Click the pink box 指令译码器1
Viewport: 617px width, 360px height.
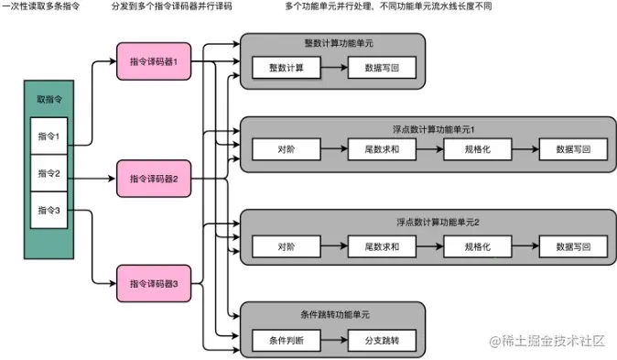pos(153,61)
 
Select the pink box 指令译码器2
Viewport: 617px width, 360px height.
pos(153,178)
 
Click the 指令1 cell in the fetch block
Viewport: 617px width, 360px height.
pos(49,136)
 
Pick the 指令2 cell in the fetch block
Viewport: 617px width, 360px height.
pos(49,173)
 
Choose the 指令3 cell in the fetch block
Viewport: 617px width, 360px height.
pos(49,210)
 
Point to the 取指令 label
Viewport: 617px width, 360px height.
pos(49,98)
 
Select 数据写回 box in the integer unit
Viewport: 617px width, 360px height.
pos(382,67)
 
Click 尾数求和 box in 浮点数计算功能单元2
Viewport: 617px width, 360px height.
pos(382,246)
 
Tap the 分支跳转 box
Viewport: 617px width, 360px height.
pos(382,340)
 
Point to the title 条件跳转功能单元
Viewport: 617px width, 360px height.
pos(334,315)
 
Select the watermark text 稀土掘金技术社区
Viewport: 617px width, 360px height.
pos(555,341)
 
